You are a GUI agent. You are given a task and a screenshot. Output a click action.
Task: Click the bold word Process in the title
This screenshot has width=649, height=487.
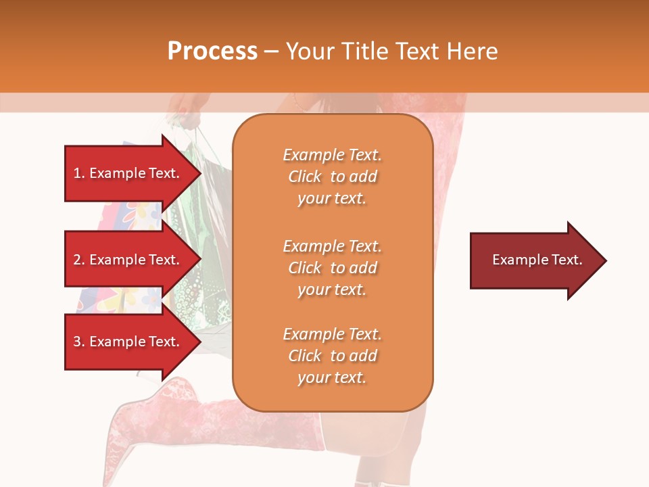click(x=212, y=51)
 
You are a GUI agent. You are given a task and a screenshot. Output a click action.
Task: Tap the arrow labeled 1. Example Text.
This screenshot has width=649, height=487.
click(x=128, y=173)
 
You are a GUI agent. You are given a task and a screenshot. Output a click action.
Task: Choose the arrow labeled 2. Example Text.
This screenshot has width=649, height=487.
click(x=128, y=260)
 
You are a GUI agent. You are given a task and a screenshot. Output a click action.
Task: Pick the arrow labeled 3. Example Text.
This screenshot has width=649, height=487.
click(x=128, y=342)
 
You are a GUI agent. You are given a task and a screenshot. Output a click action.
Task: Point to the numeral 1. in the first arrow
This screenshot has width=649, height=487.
click(x=78, y=173)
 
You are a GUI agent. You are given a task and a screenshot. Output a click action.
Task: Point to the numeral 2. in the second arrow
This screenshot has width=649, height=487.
click(x=78, y=260)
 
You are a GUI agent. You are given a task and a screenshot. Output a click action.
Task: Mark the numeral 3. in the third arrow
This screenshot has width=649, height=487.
click(x=78, y=342)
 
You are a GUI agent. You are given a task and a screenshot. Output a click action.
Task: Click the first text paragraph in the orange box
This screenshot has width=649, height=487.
click(x=332, y=177)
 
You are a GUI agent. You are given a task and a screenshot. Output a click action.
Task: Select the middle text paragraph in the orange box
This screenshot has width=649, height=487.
click(x=332, y=268)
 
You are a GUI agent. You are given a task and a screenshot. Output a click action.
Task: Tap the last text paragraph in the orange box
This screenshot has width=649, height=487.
click(x=332, y=356)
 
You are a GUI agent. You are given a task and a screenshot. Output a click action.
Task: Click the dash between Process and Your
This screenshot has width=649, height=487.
click(x=272, y=51)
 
